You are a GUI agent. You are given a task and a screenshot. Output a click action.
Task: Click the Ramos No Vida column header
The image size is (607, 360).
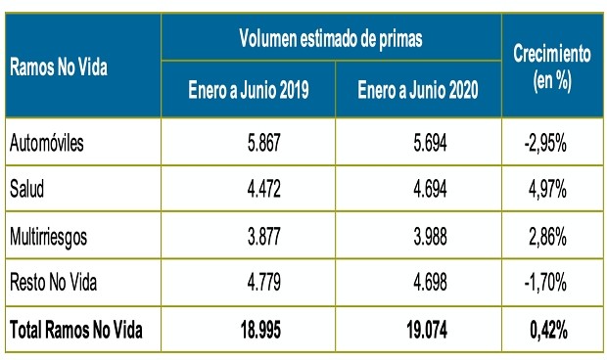coord(58,68)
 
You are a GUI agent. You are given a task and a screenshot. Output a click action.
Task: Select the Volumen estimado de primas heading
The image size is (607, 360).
coord(331,40)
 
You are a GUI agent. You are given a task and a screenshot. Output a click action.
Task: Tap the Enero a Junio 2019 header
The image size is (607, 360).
coord(249,91)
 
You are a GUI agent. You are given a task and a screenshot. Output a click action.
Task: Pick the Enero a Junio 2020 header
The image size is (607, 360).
coord(417,91)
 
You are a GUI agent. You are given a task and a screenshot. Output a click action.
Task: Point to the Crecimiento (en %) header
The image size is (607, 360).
coord(552,67)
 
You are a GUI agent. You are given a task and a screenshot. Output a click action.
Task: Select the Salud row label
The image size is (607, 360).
coord(26,189)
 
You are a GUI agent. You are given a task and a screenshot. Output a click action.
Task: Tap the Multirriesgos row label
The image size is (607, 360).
coord(49,236)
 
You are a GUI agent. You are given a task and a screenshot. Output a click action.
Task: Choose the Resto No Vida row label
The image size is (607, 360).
coord(54,283)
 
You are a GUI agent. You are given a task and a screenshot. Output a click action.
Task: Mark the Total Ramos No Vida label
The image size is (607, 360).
coord(76,331)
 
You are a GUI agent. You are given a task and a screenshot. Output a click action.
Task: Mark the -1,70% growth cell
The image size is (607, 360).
coord(547,283)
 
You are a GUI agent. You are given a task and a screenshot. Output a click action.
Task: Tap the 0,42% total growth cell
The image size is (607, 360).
coord(549,331)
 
